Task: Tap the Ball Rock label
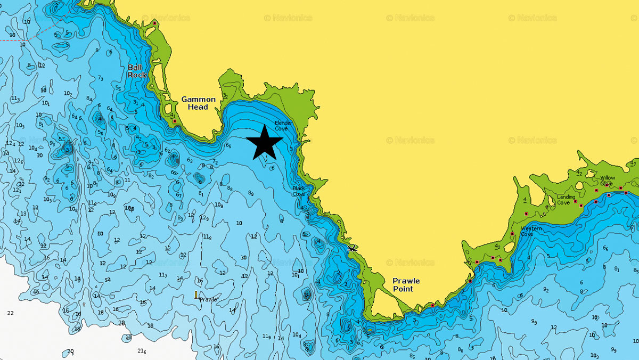click(x=137, y=71)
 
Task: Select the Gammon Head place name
click(x=199, y=103)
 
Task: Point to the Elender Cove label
click(x=281, y=125)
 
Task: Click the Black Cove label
click(x=299, y=191)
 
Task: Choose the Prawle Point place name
click(x=406, y=284)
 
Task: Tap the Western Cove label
click(x=531, y=231)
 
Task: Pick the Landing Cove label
click(x=566, y=199)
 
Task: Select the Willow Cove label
click(x=607, y=181)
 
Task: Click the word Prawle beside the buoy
click(x=208, y=299)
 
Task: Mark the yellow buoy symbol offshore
click(x=196, y=294)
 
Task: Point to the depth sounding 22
click(x=10, y=313)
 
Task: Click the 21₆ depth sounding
click(x=141, y=350)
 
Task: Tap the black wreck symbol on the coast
click(x=351, y=248)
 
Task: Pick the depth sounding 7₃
click(x=100, y=78)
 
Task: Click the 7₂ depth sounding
click(x=215, y=162)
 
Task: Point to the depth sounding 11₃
click(x=15, y=99)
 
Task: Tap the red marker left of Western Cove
click(x=512, y=234)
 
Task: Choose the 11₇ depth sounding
click(x=163, y=275)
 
